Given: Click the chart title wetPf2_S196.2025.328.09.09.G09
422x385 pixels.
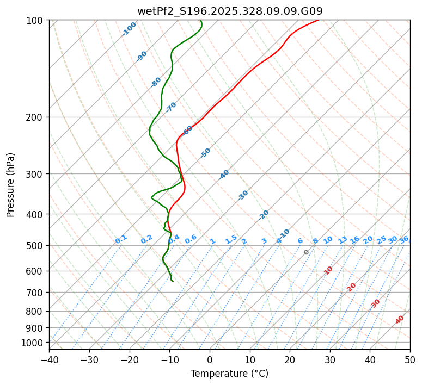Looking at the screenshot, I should pos(229,11).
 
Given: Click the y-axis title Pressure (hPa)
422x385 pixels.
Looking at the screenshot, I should pos(10,184).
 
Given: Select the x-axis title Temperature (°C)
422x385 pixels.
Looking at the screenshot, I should pos(229,374).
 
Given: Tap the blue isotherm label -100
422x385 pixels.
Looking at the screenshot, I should pos(129,28).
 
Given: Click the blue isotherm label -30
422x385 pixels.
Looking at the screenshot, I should pos(243,195).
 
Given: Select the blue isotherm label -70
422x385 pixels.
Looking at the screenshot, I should pos(171,107).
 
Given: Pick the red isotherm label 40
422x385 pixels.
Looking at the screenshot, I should pos(400,320).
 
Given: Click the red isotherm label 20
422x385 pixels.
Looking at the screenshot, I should pos(352,287).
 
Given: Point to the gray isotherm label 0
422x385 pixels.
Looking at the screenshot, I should pos(307,252).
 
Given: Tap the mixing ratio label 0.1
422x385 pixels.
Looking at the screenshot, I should pos(121,239).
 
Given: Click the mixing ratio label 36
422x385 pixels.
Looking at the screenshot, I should pos(404,239).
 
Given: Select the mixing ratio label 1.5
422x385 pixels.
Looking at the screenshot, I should pos(231,239).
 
